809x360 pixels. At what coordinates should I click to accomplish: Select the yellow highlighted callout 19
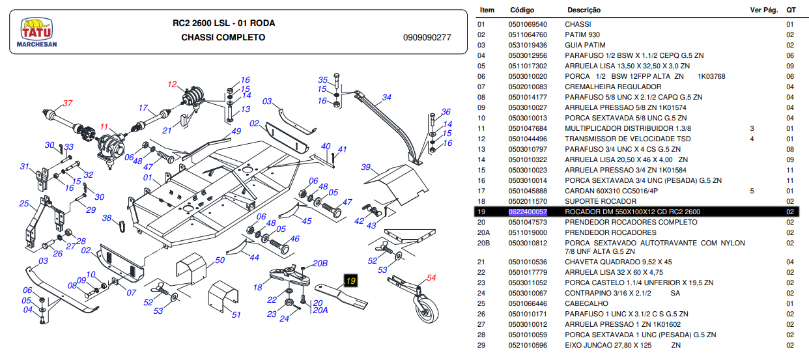click(351, 281)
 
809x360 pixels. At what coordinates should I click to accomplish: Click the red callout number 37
click(68, 104)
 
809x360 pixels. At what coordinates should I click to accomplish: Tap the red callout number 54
click(431, 278)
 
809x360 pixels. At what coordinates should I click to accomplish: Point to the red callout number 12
click(172, 85)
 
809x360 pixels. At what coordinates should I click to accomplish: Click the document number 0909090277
click(427, 38)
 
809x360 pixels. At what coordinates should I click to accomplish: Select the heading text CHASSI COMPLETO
click(223, 38)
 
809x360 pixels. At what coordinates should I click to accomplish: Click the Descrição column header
click(584, 10)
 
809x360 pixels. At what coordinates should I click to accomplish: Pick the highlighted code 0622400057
click(528, 212)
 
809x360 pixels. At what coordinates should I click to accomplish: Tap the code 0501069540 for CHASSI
click(528, 24)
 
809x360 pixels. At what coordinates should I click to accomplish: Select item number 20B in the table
click(483, 243)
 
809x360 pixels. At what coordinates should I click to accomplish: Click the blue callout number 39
click(365, 167)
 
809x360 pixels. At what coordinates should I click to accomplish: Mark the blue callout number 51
click(236, 315)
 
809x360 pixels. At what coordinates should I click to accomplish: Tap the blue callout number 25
click(24, 204)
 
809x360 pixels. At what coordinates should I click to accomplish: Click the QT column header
click(791, 10)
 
